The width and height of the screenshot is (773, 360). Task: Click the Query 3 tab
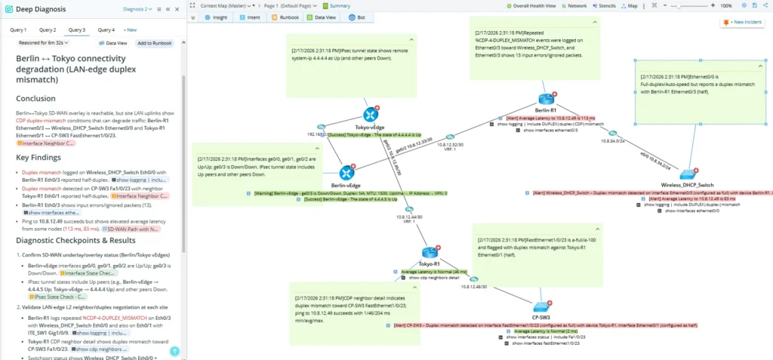click(76, 30)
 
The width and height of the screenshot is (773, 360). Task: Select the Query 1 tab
click(18, 30)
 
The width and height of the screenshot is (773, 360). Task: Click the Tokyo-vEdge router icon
click(370, 115)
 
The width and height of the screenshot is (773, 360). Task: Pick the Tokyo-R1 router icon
click(430, 253)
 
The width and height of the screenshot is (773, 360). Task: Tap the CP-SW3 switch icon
click(541, 297)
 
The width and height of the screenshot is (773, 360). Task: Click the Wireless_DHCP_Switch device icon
click(686, 174)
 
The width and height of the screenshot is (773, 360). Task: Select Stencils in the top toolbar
click(602, 5)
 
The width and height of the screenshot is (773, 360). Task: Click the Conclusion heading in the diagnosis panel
click(35, 98)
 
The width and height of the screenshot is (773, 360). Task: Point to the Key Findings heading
click(38, 158)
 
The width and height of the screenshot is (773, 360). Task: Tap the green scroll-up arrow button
click(174, 351)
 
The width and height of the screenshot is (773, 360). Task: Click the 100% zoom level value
click(725, 5)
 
